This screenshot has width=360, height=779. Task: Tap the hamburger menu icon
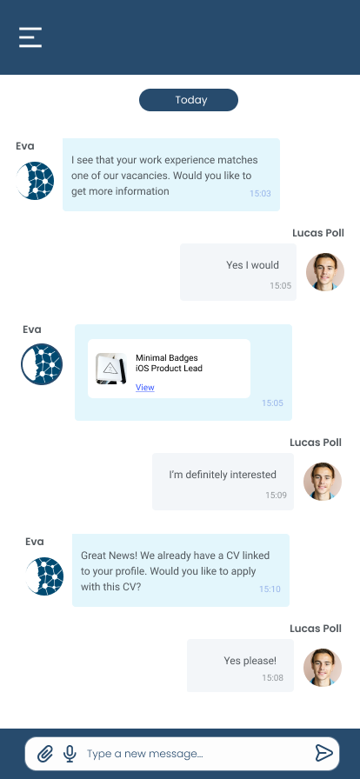click(30, 37)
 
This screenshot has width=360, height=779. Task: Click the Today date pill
click(189, 100)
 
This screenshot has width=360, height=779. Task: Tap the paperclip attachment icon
click(45, 754)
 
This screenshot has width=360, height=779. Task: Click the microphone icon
click(70, 754)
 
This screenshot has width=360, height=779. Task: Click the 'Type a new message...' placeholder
click(144, 754)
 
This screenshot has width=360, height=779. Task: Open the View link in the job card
click(144, 388)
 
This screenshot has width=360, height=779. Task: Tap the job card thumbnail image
click(111, 369)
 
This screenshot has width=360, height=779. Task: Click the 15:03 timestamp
click(260, 193)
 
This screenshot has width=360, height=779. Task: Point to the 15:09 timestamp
click(276, 495)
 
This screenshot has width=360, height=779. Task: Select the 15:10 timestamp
click(270, 589)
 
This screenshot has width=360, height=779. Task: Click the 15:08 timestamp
click(273, 677)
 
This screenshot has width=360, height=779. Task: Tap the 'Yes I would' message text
click(252, 265)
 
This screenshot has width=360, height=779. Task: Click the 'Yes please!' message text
click(250, 661)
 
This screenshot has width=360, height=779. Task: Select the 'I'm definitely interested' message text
click(223, 475)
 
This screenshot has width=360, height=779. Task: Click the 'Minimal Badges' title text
click(167, 357)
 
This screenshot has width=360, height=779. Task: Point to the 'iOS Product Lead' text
click(169, 368)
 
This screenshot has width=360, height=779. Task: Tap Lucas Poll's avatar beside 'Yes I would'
click(325, 272)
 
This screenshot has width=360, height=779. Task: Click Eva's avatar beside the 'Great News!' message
click(44, 576)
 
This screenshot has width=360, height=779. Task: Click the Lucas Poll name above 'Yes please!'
click(316, 629)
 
